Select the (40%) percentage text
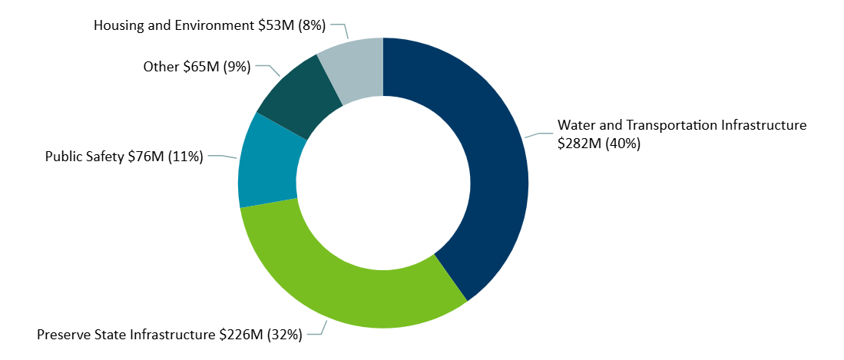coord(623,144)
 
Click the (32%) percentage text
coord(284,334)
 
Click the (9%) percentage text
coord(237,67)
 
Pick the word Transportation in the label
coord(666,125)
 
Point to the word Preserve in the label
coord(64,334)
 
